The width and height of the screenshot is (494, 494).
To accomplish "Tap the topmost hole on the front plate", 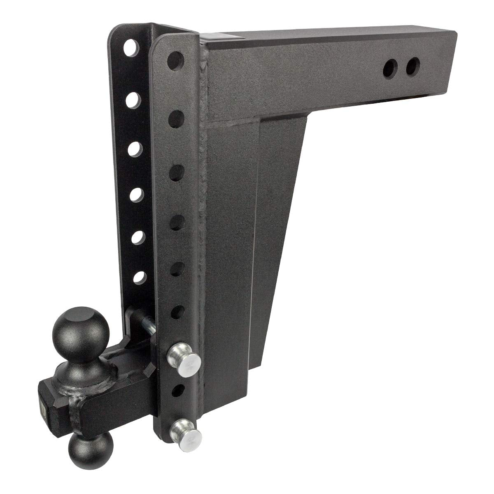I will click(175, 57).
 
